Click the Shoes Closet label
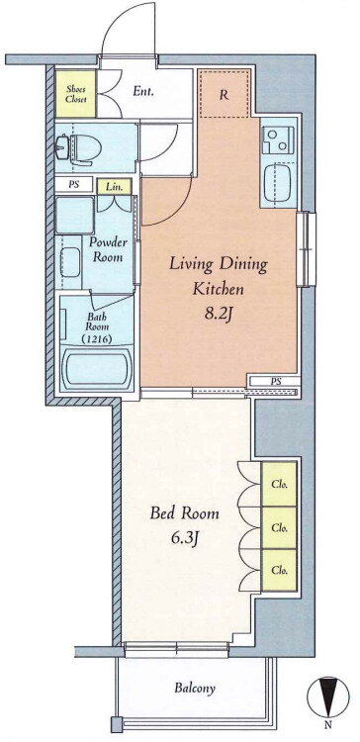(75, 94)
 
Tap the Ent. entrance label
(142, 91)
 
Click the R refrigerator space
(224, 95)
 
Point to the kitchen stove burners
(277, 140)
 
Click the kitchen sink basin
(278, 182)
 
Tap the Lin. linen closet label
(115, 186)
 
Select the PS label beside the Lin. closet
(74, 185)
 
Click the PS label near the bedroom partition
(274, 381)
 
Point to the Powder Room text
(108, 250)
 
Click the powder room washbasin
(70, 262)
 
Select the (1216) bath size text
(97, 338)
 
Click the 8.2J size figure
(218, 315)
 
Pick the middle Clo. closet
(279, 528)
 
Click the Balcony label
(195, 688)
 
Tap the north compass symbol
(327, 696)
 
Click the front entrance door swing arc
(122, 23)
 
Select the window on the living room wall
(306, 249)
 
